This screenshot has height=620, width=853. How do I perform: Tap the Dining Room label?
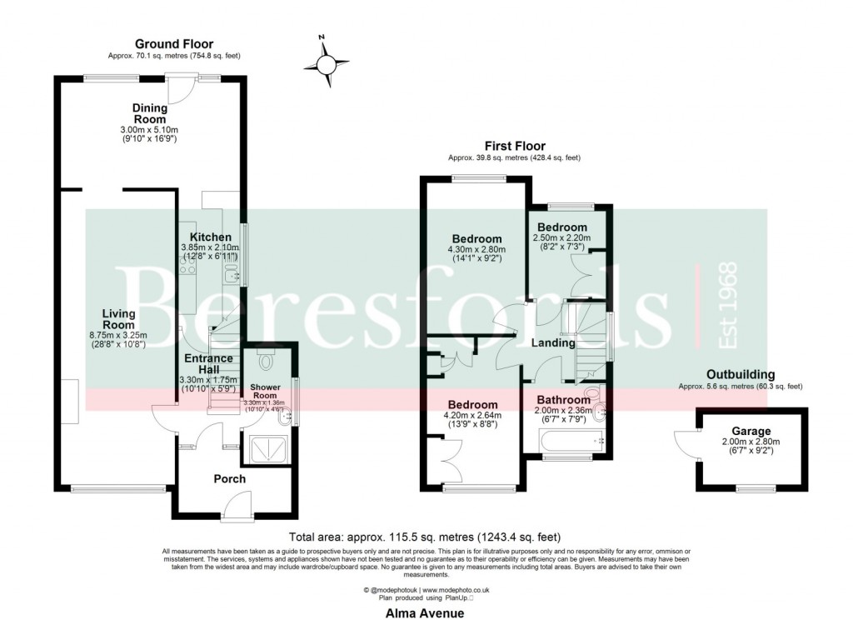pos(150,113)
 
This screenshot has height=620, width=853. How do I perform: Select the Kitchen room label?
pos(210,237)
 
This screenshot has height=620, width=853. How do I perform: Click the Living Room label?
pos(118,318)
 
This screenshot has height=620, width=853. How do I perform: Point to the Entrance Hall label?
pos(209,364)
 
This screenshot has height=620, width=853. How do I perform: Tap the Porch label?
pos(229,479)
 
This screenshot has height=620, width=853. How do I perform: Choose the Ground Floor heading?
pos(174,44)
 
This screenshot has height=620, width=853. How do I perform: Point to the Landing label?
pos(553,342)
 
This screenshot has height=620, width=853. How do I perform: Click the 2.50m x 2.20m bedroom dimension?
pos(561,237)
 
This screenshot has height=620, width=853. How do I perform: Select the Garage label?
pos(751,431)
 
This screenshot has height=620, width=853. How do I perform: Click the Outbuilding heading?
pos(740,375)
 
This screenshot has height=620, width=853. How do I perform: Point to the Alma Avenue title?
pos(425,612)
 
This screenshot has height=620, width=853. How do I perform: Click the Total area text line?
pos(425,537)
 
